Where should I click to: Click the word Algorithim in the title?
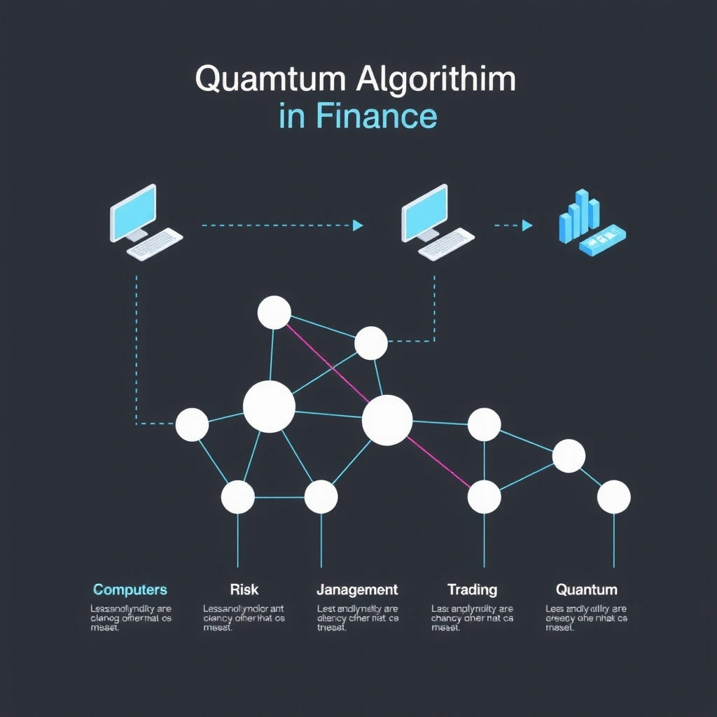point(436,80)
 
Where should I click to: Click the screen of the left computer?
point(133,209)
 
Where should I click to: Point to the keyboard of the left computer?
point(154,244)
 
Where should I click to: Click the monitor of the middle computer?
point(424,209)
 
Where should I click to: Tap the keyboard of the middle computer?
point(445,244)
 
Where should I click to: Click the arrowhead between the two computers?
point(358,225)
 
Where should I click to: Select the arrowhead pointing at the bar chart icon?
point(527,225)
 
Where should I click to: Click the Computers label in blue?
point(130,590)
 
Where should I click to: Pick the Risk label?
point(244,590)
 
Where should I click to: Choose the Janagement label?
point(357,590)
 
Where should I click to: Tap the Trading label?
point(472,590)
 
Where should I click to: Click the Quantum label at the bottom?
point(587,590)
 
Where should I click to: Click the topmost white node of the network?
point(274,312)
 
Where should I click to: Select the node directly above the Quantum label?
point(614,497)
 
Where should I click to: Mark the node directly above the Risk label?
point(238,497)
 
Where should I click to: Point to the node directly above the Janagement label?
point(321,497)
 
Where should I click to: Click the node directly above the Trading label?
point(485,497)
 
